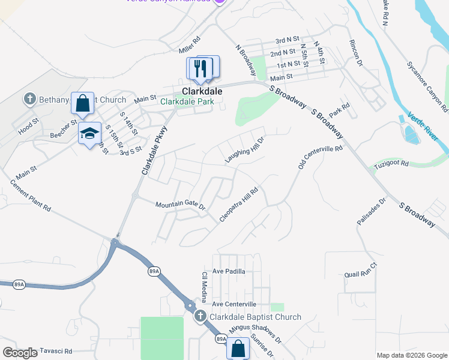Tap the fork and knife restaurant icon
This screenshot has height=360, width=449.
[202, 68]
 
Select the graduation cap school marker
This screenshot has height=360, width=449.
[89, 133]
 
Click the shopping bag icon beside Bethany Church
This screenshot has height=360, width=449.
[83, 103]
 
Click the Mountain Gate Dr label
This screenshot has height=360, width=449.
[180, 206]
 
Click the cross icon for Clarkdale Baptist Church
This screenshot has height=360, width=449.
[200, 317]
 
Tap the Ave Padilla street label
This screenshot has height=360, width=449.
[228, 271]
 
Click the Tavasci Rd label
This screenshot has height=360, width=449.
[55, 351]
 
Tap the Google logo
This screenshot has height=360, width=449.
[20, 353]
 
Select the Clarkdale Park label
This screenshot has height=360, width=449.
[188, 101]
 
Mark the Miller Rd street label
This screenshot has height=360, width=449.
[188, 44]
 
